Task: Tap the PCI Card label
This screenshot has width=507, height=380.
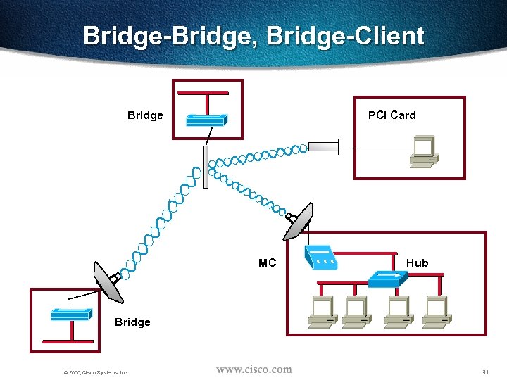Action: pyautogui.click(x=392, y=115)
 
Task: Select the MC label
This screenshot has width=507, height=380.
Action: pyautogui.click(x=267, y=262)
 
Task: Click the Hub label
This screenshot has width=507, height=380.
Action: pyautogui.click(x=417, y=262)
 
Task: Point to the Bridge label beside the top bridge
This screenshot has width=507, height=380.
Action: pyautogui.click(x=145, y=115)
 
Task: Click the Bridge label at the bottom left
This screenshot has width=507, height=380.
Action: pyautogui.click(x=132, y=322)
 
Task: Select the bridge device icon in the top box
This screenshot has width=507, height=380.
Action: pyautogui.click(x=206, y=120)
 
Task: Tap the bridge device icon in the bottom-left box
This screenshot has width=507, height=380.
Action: pyautogui.click(x=70, y=314)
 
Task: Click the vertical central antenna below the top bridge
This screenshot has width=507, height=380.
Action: pyautogui.click(x=206, y=167)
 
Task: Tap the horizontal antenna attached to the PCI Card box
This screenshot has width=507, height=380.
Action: pyautogui.click(x=324, y=147)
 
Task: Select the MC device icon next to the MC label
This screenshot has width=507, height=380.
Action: pyautogui.click(x=321, y=258)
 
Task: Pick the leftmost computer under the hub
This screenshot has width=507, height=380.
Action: pyautogui.click(x=323, y=310)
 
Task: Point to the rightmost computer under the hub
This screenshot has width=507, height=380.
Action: pyautogui.click(x=437, y=310)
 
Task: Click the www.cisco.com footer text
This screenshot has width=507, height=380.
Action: pyautogui.click(x=254, y=369)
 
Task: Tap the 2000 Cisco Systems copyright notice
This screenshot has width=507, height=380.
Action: pyautogui.click(x=95, y=372)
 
